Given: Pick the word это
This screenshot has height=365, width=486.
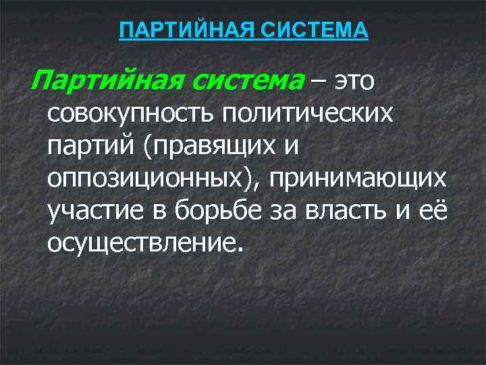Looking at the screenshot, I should (x=352, y=82).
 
